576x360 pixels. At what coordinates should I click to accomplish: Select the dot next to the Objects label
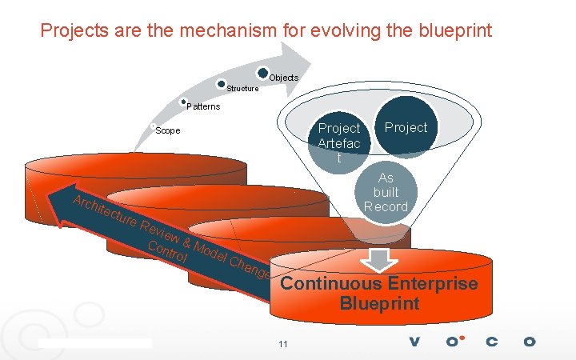pyautogui.click(x=263, y=73)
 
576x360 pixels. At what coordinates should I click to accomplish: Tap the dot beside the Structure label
pyautogui.click(x=221, y=83)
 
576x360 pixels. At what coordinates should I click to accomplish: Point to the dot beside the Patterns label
pyautogui.click(x=184, y=102)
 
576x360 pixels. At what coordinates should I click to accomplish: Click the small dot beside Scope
pyautogui.click(x=152, y=126)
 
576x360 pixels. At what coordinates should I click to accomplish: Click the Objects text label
pyautogui.click(x=283, y=78)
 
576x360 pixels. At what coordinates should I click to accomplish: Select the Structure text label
pyautogui.click(x=242, y=89)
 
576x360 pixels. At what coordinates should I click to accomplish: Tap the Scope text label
pyautogui.click(x=168, y=130)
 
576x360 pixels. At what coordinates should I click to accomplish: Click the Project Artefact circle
pyautogui.click(x=338, y=142)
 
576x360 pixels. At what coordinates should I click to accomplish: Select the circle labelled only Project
pyautogui.click(x=406, y=127)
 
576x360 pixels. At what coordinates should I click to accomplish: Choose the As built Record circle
pyautogui.click(x=386, y=193)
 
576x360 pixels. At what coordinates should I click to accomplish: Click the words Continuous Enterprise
pyautogui.click(x=378, y=284)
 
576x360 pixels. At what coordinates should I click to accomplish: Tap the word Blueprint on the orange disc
pyautogui.click(x=378, y=304)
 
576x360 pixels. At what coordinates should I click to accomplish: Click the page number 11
pyautogui.click(x=282, y=344)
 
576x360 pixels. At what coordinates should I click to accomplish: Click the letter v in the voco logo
pyautogui.click(x=414, y=342)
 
